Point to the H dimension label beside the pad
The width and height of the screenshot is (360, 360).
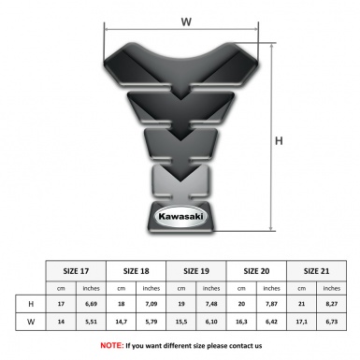pos(279,141)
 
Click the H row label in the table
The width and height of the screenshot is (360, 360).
pos(31,304)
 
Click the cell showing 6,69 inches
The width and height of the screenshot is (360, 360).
pos(92,304)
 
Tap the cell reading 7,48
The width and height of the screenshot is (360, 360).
pos(211,304)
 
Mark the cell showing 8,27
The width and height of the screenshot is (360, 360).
pos(331,304)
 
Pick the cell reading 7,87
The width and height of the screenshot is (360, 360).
pos(271,304)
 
